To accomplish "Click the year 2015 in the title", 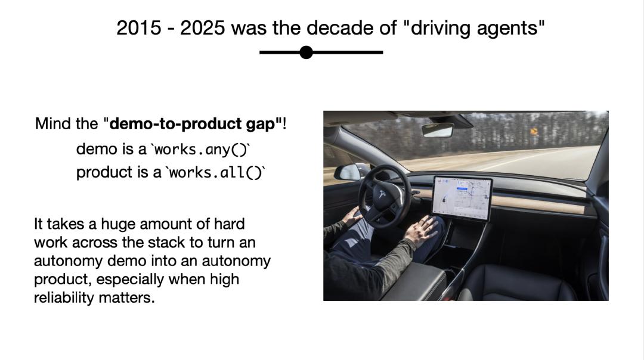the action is point(139,29).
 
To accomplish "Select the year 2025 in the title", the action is point(203,29).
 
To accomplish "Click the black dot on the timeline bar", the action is point(306,52).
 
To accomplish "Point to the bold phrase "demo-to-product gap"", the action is point(196,123).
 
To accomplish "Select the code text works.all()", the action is point(216,172).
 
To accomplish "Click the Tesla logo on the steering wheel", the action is point(382,194).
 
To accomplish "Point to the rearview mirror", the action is point(438,130).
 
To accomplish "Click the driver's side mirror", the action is point(349,172).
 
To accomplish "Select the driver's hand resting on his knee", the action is point(421,231).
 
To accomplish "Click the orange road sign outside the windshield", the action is point(534,131).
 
